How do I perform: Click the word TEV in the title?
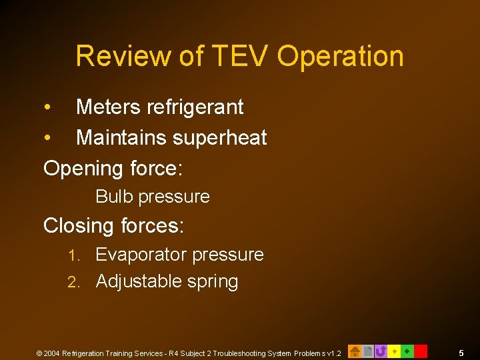tap(241, 57)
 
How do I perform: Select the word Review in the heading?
tap(123, 57)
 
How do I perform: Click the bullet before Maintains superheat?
tap(47, 138)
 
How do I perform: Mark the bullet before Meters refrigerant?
tap(47, 107)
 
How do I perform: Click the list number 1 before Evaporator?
tap(75, 255)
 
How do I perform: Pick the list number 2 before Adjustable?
tap(75, 282)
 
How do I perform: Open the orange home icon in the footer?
tap(355, 351)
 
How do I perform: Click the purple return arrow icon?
tap(381, 351)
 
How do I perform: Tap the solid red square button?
tap(421, 351)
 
